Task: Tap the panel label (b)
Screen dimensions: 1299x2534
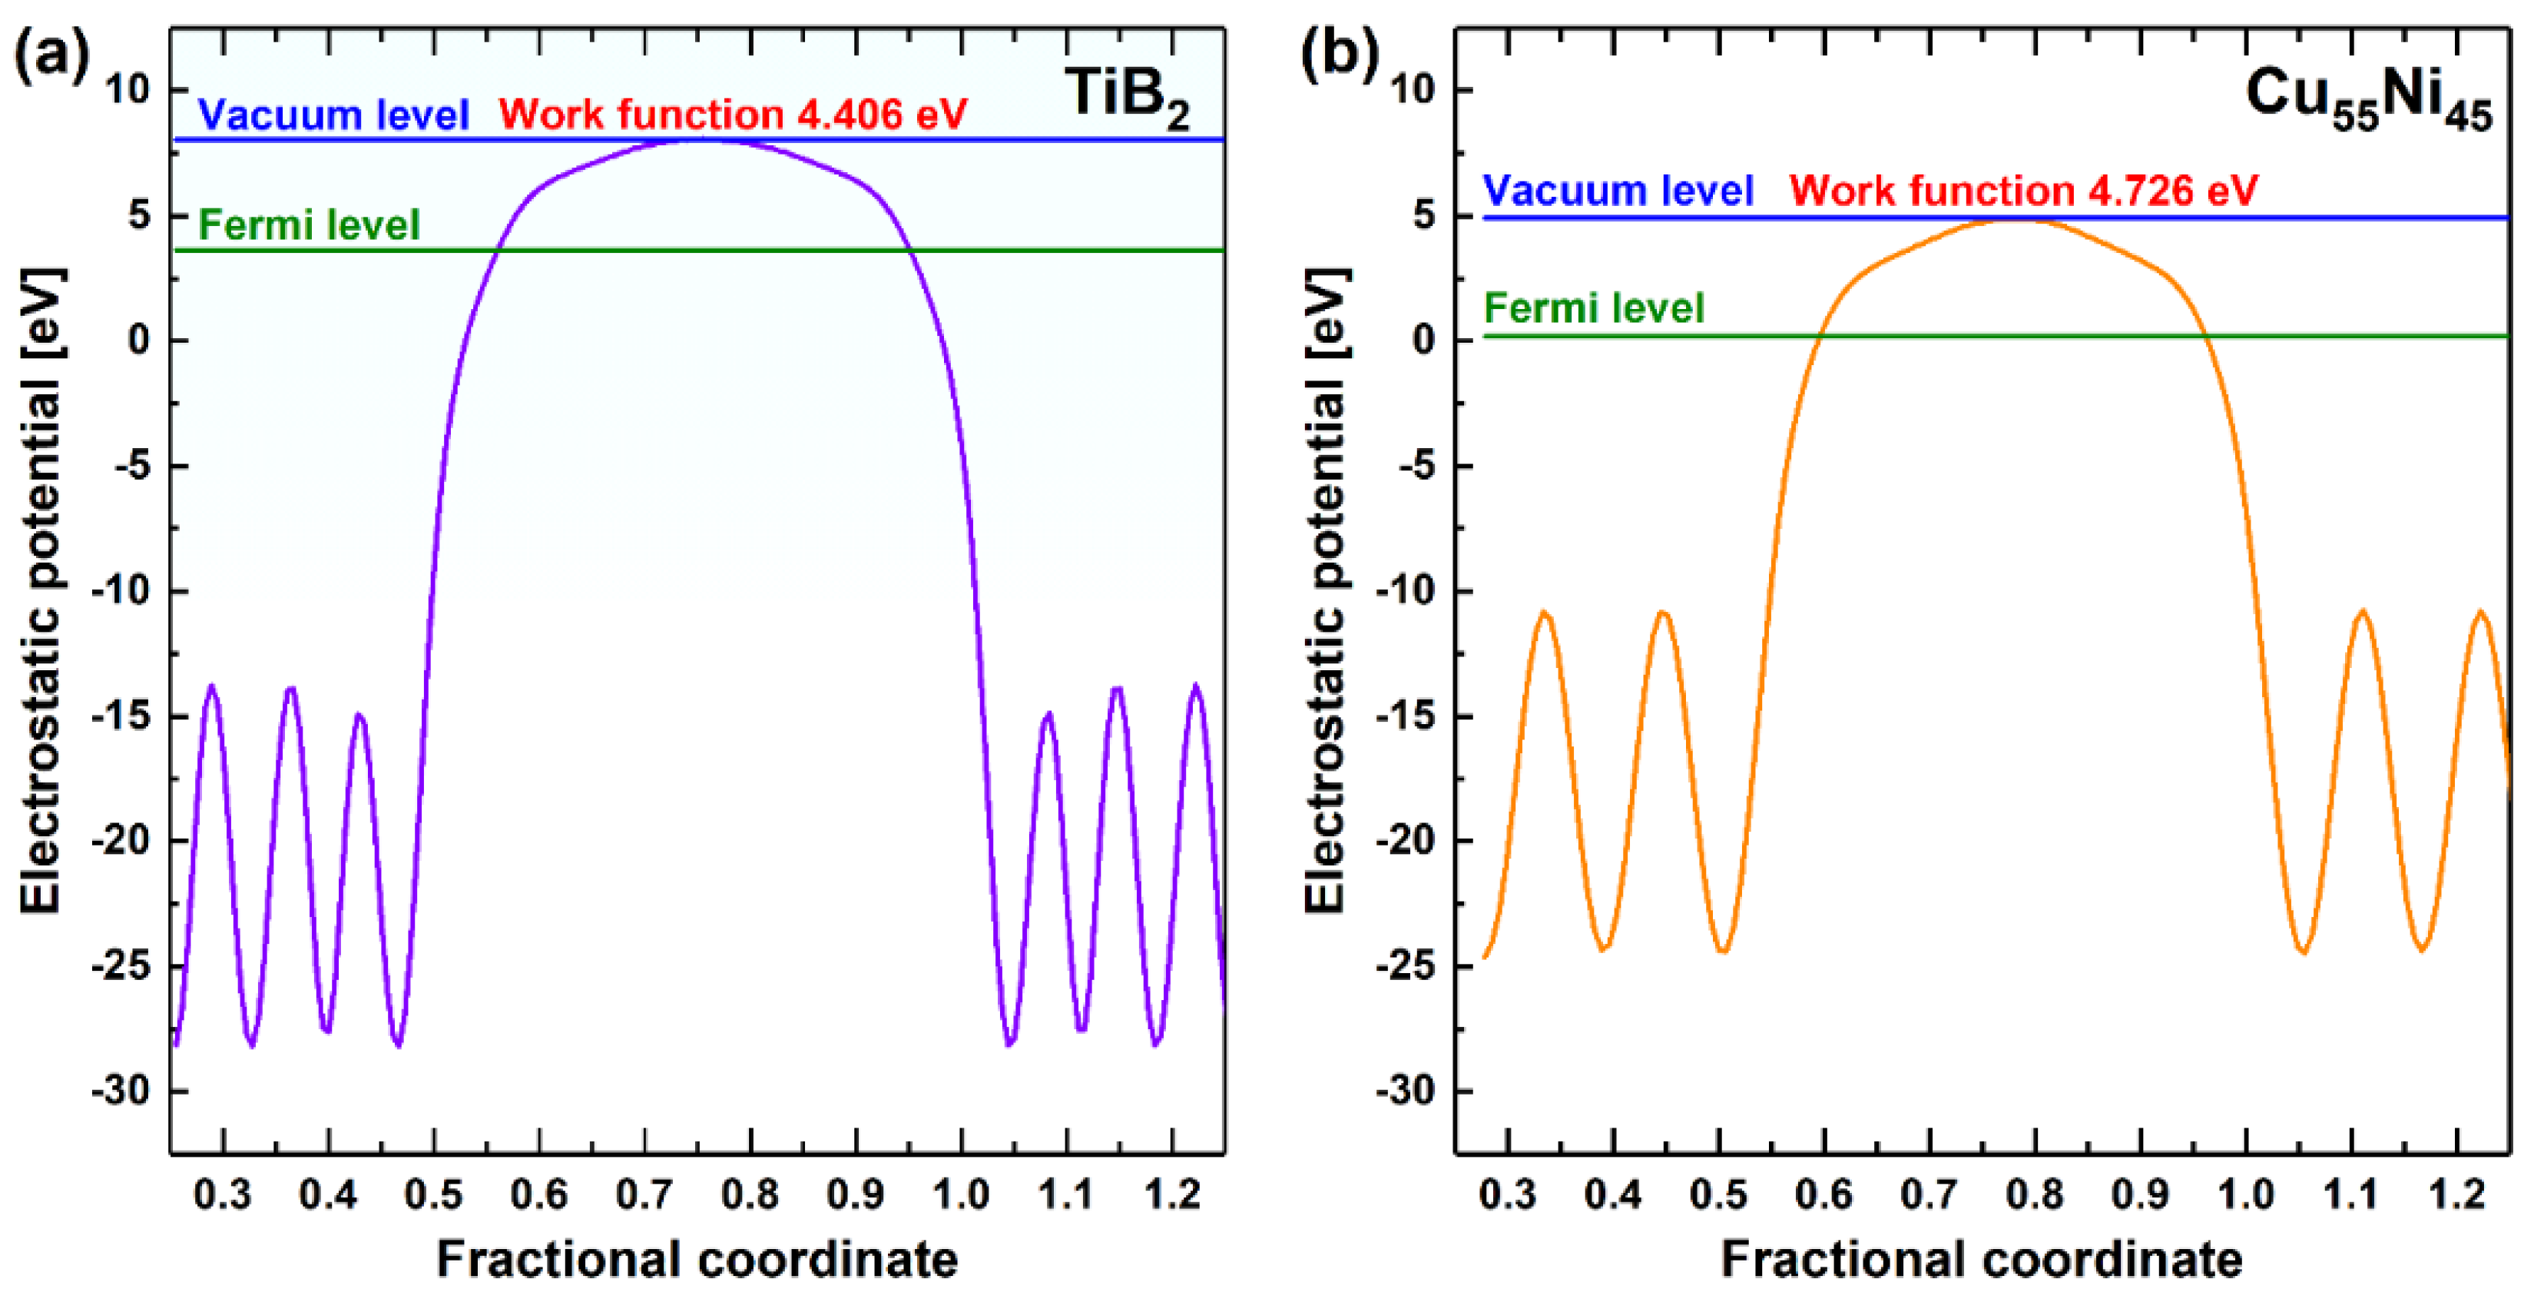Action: [x=1339, y=54]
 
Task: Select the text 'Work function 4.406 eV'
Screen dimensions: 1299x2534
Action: [x=733, y=115]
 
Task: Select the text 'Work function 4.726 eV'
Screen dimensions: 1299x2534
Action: [x=2023, y=190]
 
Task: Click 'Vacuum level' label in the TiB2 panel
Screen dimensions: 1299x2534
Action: [x=333, y=115]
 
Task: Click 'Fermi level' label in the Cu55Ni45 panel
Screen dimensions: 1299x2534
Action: [x=1594, y=308]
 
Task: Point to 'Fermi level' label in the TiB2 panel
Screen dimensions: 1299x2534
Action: [x=309, y=224]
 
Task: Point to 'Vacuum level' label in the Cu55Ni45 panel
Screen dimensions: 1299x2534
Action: [x=1618, y=190]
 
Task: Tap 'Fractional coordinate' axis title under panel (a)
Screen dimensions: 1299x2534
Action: [x=697, y=1259]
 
